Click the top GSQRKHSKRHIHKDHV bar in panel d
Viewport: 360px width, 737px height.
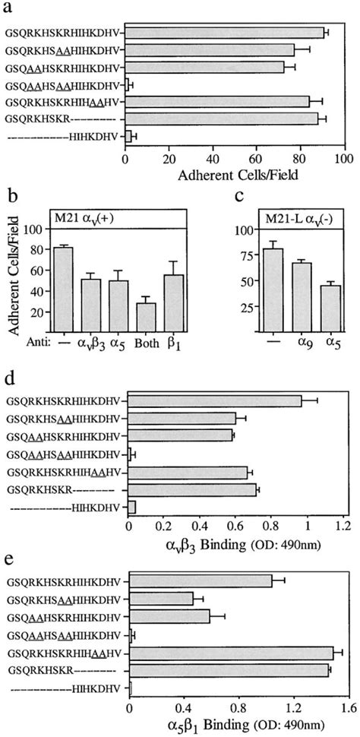point(215,400)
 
